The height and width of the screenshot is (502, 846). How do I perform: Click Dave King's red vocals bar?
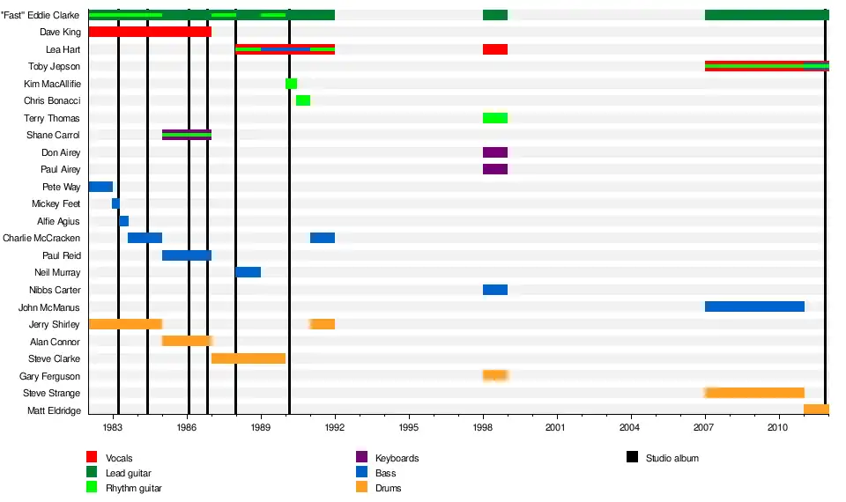[x=150, y=32]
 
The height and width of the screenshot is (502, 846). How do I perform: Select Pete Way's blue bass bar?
[x=100, y=187]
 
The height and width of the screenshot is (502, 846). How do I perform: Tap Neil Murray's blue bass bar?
[x=248, y=272]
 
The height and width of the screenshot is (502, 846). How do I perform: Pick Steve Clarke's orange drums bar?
[x=248, y=358]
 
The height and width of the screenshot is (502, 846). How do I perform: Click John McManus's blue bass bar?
[x=754, y=306]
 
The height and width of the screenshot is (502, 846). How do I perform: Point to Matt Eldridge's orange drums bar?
[x=816, y=410]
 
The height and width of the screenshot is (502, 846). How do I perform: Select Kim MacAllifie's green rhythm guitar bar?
[x=291, y=84]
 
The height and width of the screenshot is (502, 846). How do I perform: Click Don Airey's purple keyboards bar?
[x=495, y=152]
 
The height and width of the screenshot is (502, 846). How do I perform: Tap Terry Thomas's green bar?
[x=495, y=118]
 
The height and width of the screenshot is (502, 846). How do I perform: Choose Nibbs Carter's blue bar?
[x=495, y=290]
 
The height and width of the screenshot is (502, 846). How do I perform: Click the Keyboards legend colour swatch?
[x=361, y=457]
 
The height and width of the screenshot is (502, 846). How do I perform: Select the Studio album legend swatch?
[x=632, y=457]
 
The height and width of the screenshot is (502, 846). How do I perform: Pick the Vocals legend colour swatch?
[x=92, y=457]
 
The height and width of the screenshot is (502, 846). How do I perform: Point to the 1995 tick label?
[x=409, y=427]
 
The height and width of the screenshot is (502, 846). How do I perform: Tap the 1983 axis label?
[x=113, y=427]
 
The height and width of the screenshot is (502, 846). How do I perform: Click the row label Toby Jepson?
[x=54, y=67]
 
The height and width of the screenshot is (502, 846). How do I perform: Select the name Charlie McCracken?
[x=41, y=238]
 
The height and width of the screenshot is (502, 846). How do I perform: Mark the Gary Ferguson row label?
[x=50, y=376]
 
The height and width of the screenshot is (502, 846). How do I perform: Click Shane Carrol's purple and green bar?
[x=187, y=135]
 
